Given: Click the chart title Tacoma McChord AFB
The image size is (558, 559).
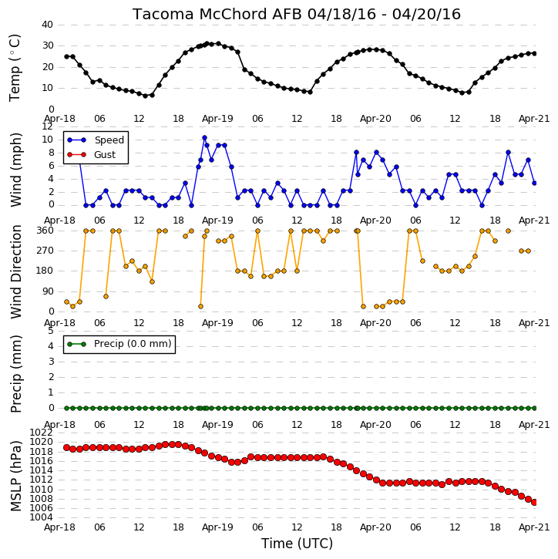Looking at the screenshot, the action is click(217, 14).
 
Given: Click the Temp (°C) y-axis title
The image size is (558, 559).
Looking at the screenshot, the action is click(15, 68).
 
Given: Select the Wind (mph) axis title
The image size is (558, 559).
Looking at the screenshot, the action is click(15, 170).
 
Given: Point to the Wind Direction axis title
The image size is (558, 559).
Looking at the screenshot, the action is click(15, 271).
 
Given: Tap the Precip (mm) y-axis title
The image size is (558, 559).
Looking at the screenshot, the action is click(15, 374).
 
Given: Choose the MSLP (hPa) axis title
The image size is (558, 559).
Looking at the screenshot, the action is click(15, 476).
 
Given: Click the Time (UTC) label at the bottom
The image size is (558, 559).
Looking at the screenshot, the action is click(297, 544).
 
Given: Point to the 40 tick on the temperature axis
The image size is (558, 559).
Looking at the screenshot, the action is click(47, 25).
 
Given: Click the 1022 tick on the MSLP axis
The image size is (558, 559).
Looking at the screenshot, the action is click(42, 433).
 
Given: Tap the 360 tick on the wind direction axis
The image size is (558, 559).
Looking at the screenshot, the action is click(45, 231).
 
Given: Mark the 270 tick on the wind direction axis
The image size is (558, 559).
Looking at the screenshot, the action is click(45, 251).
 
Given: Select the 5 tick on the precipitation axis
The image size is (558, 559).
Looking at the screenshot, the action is click(51, 331).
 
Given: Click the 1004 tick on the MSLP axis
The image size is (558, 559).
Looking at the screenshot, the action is click(42, 517).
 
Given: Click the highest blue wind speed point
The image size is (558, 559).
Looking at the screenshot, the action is click(204, 137).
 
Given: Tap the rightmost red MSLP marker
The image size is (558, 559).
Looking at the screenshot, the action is click(534, 502).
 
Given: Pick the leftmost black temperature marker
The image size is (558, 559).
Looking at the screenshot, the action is click(66, 57).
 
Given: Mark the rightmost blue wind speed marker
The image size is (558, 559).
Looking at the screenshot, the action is click(534, 184).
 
